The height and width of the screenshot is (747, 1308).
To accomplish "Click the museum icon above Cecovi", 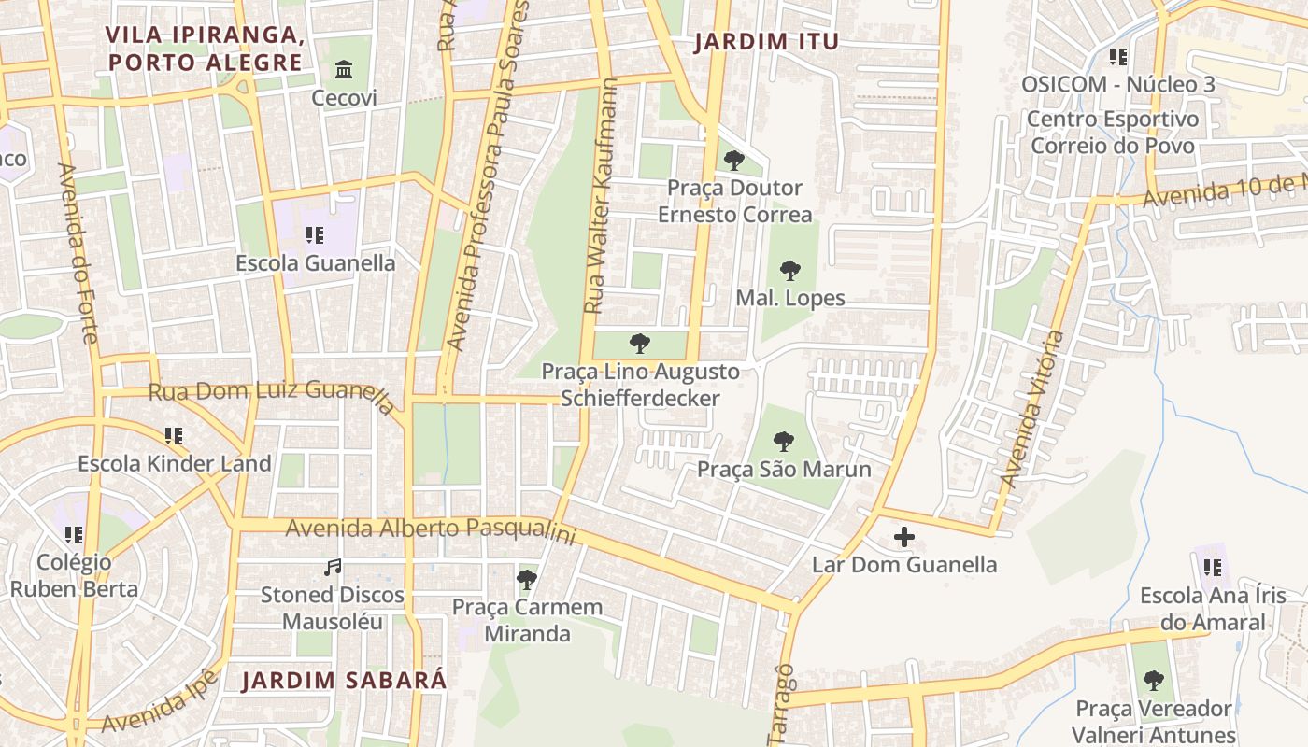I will tap(344, 70).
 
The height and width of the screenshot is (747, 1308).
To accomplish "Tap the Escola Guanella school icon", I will tap(315, 235).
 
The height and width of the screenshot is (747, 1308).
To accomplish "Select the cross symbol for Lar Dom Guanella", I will tap(903, 537).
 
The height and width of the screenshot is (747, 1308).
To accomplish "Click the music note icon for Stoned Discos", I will tap(332, 567).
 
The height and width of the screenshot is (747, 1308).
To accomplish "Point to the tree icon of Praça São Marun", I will tap(784, 441).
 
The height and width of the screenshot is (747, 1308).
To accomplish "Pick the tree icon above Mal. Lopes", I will tap(790, 271).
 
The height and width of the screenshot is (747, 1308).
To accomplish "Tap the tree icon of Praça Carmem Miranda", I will tap(527, 580).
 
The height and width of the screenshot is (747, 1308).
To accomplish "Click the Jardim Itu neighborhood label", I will tap(766, 42).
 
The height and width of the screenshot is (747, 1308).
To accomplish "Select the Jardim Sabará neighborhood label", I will tap(345, 680).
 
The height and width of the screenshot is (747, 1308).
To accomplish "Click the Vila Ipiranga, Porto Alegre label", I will tap(204, 49).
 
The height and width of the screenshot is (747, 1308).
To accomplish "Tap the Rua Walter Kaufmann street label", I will tap(601, 196).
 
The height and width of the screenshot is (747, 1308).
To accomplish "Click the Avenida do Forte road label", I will tap(78, 252).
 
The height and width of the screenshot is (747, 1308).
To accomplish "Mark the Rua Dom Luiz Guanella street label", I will tap(271, 394).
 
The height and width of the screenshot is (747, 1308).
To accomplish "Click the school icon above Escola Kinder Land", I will tap(174, 435).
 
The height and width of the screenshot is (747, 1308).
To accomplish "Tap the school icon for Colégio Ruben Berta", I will tap(74, 535).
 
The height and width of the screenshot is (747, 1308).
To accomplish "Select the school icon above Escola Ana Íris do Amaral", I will tap(1213, 567).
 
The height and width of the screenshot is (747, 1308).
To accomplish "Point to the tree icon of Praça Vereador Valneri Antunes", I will tap(1154, 680).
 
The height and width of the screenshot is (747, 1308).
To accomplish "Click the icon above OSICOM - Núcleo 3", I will tap(1117, 57).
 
